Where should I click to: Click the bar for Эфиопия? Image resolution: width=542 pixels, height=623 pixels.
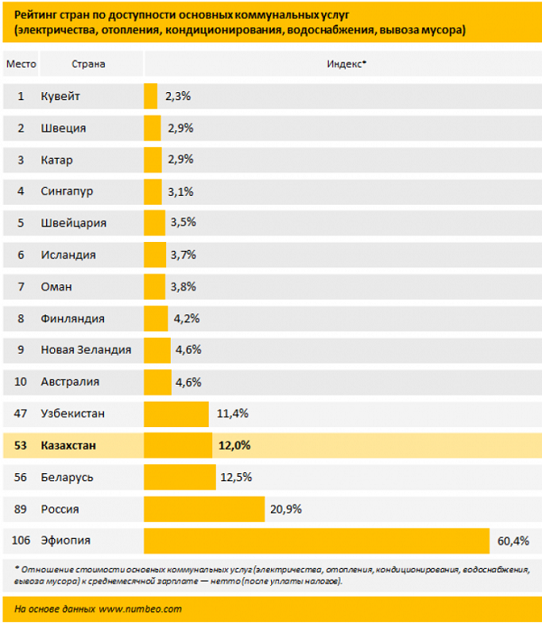[316, 540]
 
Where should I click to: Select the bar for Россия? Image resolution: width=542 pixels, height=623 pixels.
[203, 508]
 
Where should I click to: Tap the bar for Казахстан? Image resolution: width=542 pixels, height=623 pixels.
[177, 445]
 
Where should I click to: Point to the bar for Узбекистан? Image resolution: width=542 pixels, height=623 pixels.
[176, 414]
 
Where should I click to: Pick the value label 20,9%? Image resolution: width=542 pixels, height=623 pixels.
[285, 508]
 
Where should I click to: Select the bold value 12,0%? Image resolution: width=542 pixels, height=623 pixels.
[234, 445]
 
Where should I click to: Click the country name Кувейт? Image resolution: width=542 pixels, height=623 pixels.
[61, 96]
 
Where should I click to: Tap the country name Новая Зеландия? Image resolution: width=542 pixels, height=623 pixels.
[86, 349]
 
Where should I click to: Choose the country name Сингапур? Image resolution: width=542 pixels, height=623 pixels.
[68, 191]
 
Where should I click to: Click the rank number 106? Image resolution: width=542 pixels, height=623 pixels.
[21, 540]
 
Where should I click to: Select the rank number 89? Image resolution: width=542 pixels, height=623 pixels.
[21, 508]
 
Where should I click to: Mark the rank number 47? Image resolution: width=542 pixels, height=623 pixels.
[21, 414]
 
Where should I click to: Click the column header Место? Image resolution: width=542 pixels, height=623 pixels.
[21, 64]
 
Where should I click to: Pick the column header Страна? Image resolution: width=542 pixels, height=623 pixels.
[88, 64]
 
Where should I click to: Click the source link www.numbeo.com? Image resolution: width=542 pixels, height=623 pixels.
[140, 609]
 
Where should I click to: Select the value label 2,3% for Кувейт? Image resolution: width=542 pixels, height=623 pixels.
[178, 96]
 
